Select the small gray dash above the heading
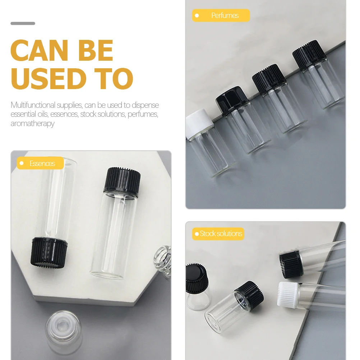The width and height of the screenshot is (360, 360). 23,24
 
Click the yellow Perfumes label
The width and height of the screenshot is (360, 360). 221,15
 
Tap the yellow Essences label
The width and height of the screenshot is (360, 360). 40,163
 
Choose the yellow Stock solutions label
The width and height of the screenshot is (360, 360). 218,234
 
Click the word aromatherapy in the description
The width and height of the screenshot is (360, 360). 32,123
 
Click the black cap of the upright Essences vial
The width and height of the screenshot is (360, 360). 122,181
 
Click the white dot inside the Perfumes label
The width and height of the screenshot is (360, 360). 197,15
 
